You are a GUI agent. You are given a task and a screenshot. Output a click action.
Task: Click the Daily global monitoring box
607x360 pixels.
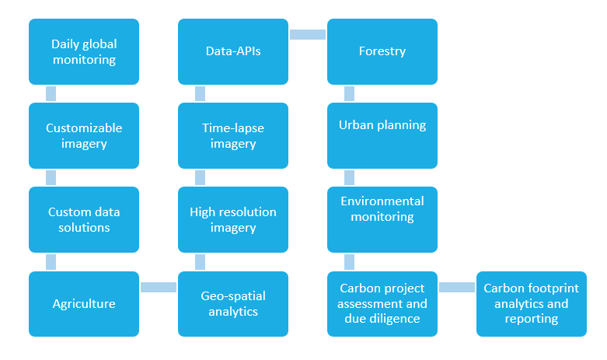point(84,51)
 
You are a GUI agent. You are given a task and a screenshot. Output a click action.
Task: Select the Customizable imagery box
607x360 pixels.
point(84,135)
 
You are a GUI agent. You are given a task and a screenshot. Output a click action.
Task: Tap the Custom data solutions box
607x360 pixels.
point(84,219)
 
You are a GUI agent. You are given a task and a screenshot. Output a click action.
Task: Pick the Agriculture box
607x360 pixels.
point(84,304)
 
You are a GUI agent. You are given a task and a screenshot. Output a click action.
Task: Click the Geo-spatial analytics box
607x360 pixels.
point(233,304)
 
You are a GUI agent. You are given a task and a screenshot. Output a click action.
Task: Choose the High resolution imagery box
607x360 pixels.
point(233,219)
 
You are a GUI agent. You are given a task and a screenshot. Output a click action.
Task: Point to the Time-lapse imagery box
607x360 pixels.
point(233,135)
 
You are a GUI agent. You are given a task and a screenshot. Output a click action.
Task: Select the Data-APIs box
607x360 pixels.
point(233,51)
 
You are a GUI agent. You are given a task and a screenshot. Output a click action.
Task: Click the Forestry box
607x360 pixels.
point(382,51)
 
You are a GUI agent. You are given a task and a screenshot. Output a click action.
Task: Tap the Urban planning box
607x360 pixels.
point(382,135)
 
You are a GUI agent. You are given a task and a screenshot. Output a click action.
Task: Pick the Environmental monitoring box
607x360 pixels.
point(382,219)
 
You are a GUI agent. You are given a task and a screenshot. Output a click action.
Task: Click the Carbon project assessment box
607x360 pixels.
point(382,304)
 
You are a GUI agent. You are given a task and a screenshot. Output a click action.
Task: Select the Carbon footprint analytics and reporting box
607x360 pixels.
point(532,304)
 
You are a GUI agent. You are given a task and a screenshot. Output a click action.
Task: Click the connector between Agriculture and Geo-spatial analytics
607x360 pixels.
point(159,287)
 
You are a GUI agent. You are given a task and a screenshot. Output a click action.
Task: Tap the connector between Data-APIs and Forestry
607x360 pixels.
point(308,34)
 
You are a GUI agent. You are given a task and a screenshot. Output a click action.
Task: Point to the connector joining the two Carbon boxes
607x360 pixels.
point(457,287)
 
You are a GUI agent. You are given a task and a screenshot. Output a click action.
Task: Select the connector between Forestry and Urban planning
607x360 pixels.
point(349,93)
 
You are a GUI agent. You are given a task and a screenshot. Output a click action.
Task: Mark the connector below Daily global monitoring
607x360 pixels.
point(51,93)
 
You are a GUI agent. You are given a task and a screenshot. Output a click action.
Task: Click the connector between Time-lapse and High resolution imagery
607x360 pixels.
point(201,178)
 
